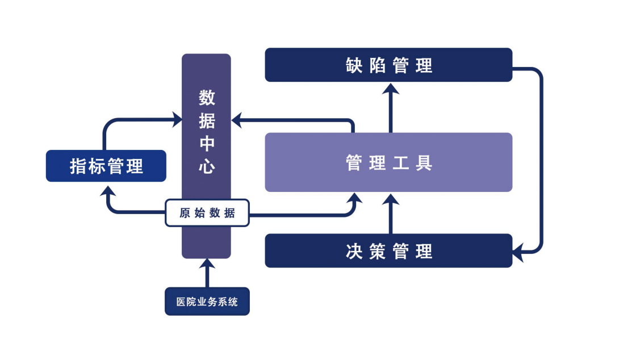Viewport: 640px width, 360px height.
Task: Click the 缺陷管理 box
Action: coord(388,65)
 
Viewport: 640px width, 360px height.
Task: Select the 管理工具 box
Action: coord(388,162)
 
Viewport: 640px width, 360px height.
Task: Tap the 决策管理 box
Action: coord(388,250)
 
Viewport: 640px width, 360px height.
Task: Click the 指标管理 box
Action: coord(106,166)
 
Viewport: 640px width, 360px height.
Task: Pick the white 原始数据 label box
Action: coord(207,213)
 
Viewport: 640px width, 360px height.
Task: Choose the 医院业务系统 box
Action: coord(207,302)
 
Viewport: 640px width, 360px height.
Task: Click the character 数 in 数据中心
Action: coord(207,98)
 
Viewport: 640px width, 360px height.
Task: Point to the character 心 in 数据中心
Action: coord(207,166)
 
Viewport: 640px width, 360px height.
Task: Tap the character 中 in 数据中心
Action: coord(207,144)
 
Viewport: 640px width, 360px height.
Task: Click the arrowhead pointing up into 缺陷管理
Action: coord(390,89)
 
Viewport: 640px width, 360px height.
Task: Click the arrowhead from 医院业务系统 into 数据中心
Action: coord(207,264)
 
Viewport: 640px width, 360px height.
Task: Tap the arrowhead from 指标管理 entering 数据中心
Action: coord(177,119)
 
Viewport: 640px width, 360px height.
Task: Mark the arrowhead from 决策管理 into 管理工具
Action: coord(390,199)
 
